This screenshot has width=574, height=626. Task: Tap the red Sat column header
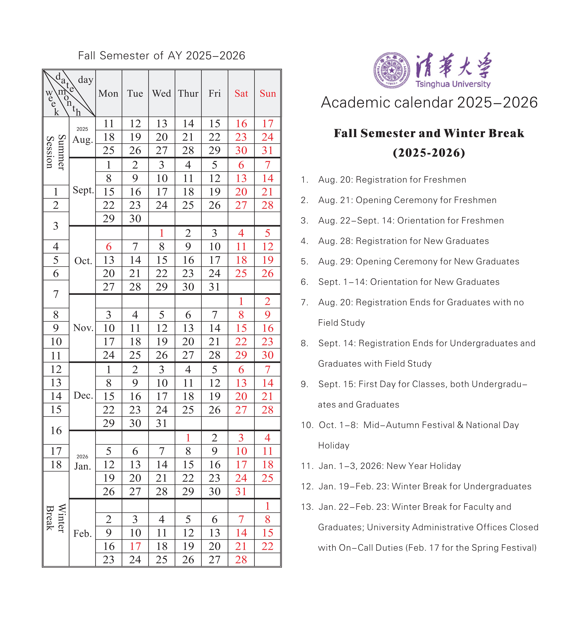pyautogui.click(x=241, y=94)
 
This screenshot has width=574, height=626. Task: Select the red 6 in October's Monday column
pyautogui.click(x=109, y=247)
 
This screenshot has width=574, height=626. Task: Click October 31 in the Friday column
pyautogui.click(x=214, y=287)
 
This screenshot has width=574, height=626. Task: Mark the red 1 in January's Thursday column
pyautogui.click(x=188, y=438)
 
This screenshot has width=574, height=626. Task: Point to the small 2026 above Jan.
pyautogui.click(x=82, y=456)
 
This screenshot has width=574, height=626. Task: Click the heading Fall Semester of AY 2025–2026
pyautogui.click(x=161, y=56)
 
